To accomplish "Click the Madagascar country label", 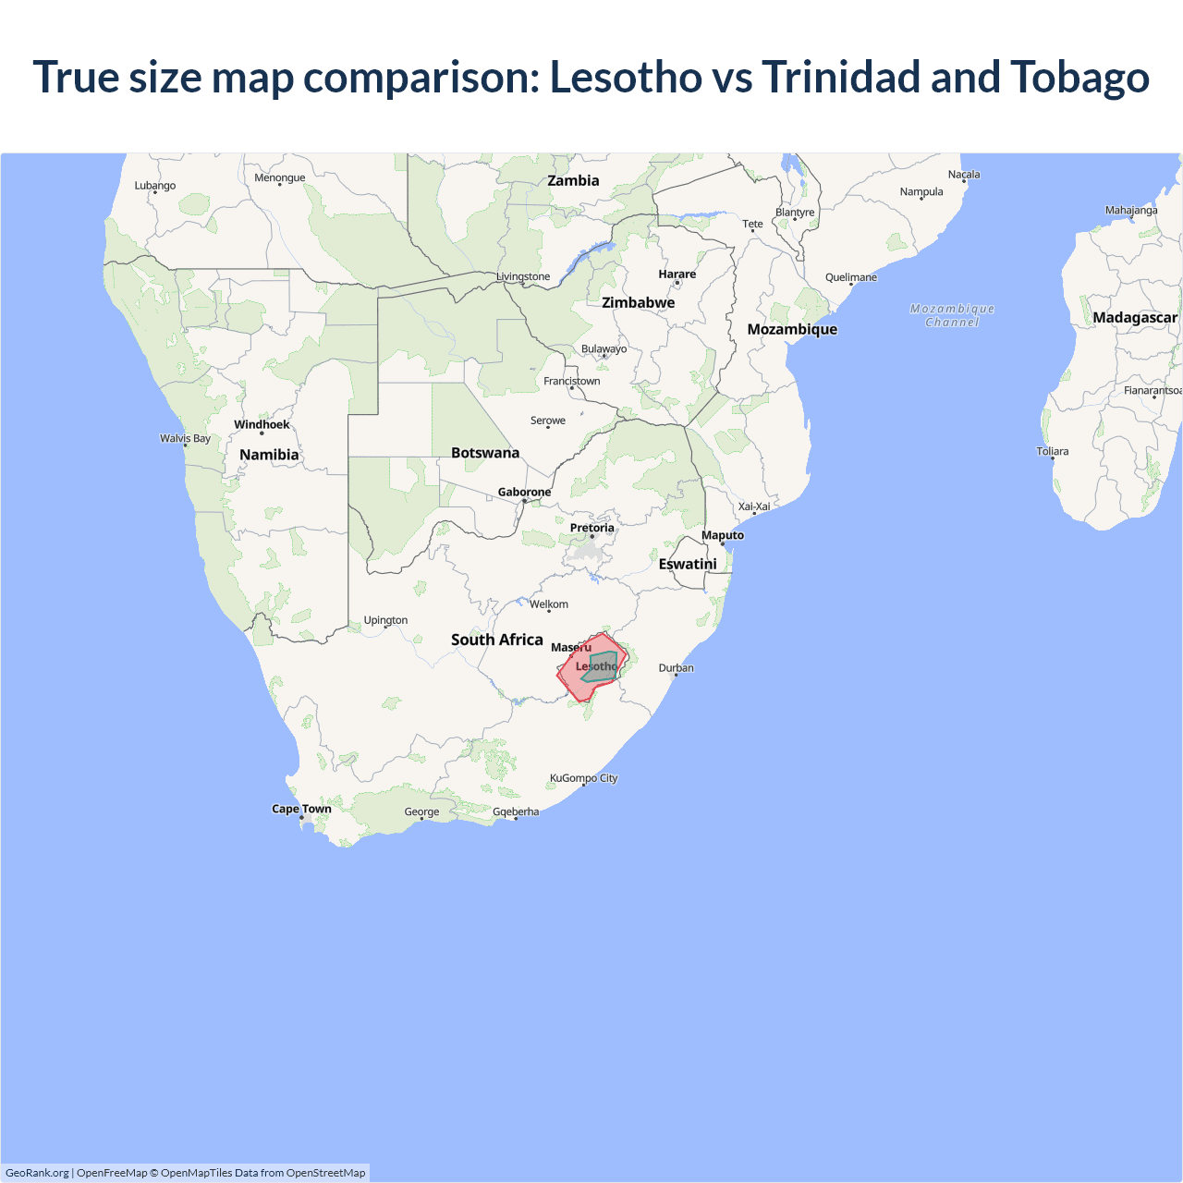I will pyautogui.click(x=1134, y=318).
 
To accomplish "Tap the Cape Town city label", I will pyautogui.click(x=301, y=809).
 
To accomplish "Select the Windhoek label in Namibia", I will pyautogui.click(x=262, y=425).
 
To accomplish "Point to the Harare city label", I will pyautogui.click(x=677, y=274).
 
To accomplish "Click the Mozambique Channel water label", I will pyautogui.click(x=952, y=315).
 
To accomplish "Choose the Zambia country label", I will pyautogui.click(x=573, y=181).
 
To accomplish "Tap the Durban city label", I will pyautogui.click(x=676, y=668).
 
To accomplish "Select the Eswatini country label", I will pyautogui.click(x=688, y=564).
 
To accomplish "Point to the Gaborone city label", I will pyautogui.click(x=524, y=493).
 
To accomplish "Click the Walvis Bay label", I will pyautogui.click(x=185, y=439).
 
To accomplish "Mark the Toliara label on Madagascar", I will pyautogui.click(x=1052, y=452).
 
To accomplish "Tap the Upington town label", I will pyautogui.click(x=385, y=620).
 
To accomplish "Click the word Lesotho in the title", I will pyautogui.click(x=626, y=77).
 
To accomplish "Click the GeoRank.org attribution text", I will pyautogui.click(x=37, y=1173).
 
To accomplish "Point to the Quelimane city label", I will pyautogui.click(x=850, y=277).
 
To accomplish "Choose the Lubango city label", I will pyautogui.click(x=154, y=186).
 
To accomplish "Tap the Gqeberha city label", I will pyautogui.click(x=516, y=812).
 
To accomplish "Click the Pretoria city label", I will pyautogui.click(x=591, y=529).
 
